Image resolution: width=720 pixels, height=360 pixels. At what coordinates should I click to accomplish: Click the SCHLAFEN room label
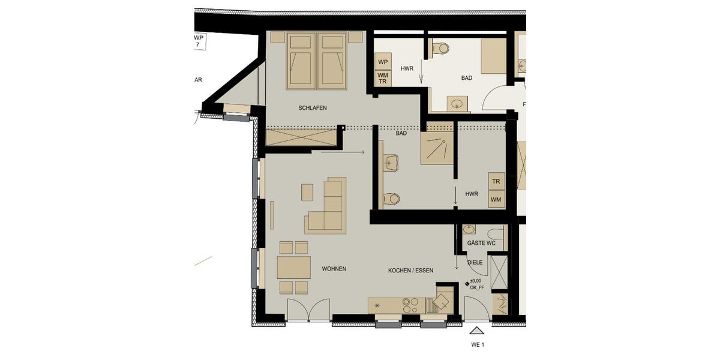[312, 108]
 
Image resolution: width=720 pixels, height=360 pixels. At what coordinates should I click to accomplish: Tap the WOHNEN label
[334, 269]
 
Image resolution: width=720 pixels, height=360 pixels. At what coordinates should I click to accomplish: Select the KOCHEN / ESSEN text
[410, 271]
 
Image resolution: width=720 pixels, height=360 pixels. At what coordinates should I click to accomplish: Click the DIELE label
[475, 262]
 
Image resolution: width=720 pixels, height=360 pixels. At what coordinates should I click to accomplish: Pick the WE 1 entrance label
[477, 344]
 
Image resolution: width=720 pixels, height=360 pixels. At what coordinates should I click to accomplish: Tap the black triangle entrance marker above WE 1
[477, 330]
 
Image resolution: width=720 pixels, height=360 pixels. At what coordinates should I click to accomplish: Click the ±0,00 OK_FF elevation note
[477, 284]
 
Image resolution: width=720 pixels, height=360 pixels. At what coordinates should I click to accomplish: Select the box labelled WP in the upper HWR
[383, 62]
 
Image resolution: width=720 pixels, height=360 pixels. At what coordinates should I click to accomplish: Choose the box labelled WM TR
[383, 78]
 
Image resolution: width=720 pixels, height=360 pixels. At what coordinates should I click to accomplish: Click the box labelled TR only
[496, 181]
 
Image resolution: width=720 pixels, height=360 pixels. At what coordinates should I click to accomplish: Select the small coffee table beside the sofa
[307, 192]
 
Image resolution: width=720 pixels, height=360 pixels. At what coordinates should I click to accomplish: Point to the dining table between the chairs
[293, 267]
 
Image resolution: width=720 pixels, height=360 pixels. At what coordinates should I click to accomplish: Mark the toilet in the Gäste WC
[496, 233]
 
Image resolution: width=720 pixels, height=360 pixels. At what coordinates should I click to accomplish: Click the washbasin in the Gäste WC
[469, 229]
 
